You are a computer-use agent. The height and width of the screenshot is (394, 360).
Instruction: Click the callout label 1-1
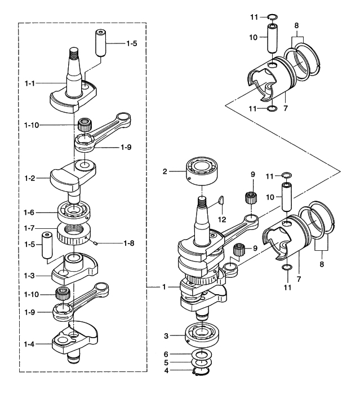pos(32,83)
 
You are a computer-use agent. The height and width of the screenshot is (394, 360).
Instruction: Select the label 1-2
pos(32,179)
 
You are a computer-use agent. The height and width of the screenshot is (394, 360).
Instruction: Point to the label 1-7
pos(32,229)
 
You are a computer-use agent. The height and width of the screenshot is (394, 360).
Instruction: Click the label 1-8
pos(131,244)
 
